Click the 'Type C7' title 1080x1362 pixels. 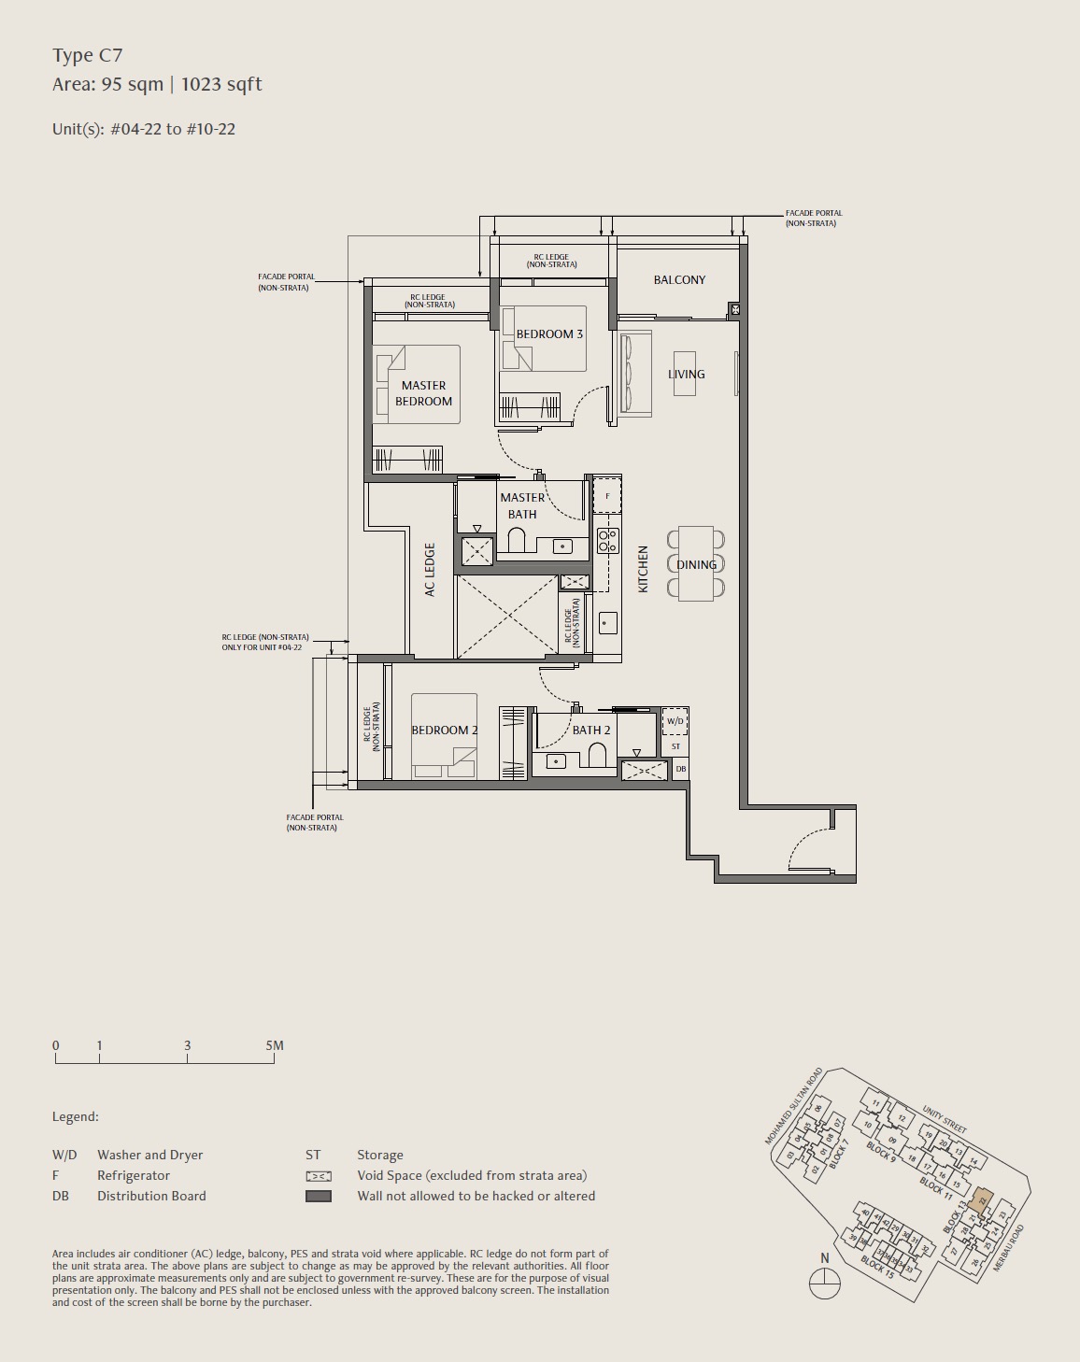click(x=88, y=56)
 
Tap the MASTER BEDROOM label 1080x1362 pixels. click(x=423, y=393)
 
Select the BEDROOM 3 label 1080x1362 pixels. click(x=549, y=334)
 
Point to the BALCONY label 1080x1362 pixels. click(x=679, y=280)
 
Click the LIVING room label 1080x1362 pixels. click(x=686, y=375)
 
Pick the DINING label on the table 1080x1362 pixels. click(x=696, y=565)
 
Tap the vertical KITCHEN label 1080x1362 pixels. click(x=643, y=570)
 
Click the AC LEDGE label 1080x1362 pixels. click(x=430, y=570)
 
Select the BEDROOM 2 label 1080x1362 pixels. click(x=445, y=731)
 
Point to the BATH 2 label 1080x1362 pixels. click(x=590, y=731)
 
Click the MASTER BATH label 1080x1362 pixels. click(x=522, y=506)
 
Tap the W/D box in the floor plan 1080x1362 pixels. click(x=675, y=722)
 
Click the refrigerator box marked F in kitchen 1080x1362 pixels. click(x=607, y=496)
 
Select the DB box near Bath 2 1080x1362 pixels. click(x=680, y=769)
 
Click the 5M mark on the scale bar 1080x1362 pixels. click(x=274, y=1046)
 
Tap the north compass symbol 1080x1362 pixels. click(x=824, y=1284)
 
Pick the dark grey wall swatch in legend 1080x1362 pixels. click(x=319, y=1196)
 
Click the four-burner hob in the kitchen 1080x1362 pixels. click(x=607, y=540)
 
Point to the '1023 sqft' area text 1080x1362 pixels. click(x=221, y=85)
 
